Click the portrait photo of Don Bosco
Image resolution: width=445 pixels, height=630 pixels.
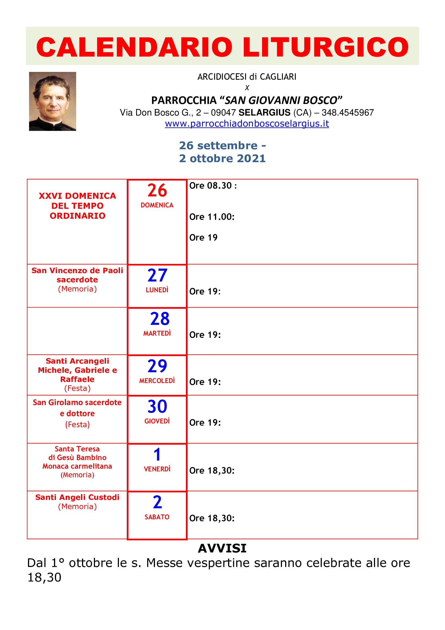(52, 101)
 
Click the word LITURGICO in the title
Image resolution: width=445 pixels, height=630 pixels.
(325, 47)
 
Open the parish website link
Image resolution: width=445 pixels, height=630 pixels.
(247, 124)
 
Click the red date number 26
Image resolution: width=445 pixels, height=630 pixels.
(157, 190)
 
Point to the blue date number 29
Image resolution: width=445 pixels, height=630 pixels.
(157, 366)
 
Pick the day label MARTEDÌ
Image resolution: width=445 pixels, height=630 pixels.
(157, 333)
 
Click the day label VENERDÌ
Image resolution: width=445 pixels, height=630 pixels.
(157, 469)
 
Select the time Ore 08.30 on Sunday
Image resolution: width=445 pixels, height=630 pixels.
(213, 186)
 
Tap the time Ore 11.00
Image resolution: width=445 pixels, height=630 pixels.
(212, 217)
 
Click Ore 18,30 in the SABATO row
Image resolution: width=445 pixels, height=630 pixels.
(212, 518)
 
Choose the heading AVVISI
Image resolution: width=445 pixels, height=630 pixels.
(222, 548)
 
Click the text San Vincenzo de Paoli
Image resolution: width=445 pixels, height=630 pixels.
(77, 270)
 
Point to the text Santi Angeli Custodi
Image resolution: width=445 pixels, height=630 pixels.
(77, 497)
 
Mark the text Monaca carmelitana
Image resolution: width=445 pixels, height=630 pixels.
(77, 466)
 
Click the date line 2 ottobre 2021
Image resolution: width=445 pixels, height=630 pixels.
(222, 158)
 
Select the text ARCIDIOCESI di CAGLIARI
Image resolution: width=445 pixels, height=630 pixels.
(247, 77)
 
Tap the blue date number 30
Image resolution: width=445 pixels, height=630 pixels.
(157, 406)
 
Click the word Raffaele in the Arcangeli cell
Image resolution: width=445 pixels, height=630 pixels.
(77, 379)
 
